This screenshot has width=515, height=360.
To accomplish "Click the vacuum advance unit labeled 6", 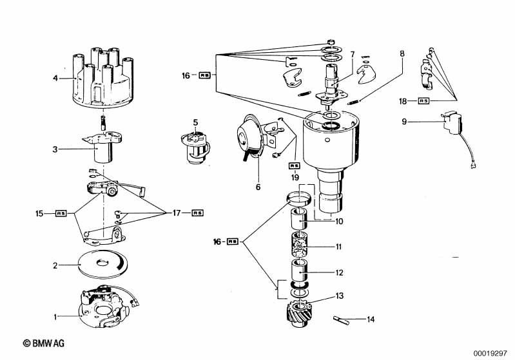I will coord(248,139).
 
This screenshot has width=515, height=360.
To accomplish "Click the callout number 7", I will coord(353,54).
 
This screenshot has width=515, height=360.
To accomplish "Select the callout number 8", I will coord(403,54).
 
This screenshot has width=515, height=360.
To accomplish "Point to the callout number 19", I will coord(295,178).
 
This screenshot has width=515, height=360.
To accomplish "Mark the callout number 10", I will coord(339,222).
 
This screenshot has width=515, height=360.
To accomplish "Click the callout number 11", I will coord(338,247).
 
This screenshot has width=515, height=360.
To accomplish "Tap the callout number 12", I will coord(338,272).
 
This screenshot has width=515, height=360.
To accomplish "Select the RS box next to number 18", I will coord(424,101).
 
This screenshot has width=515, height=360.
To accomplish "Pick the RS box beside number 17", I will coord(197,213).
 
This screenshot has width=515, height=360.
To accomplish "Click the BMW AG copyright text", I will coord(48,345).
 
